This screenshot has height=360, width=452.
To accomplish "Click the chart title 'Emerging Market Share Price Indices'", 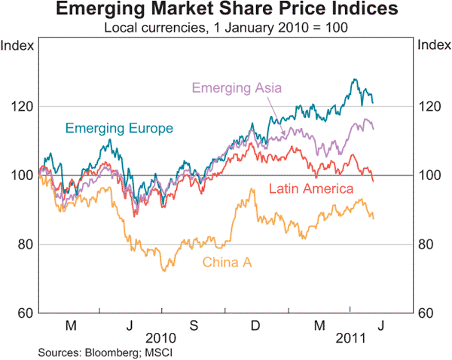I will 226,11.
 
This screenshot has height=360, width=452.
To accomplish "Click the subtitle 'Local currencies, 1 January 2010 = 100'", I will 226,29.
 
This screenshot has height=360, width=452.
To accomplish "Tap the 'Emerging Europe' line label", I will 119,128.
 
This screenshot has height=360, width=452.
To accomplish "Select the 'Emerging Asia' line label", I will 237,88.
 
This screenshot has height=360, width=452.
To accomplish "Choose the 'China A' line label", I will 225,261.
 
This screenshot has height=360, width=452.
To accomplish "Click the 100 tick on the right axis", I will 430,175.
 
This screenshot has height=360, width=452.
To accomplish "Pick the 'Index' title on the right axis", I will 433,45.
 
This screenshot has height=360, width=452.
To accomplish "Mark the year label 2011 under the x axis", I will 350,338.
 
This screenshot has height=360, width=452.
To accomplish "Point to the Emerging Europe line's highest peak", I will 353,79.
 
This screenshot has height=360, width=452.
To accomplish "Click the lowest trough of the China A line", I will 165,270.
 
